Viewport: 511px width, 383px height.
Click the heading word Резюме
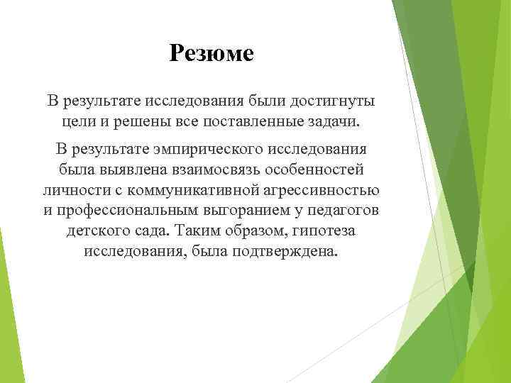pyautogui.click(x=211, y=53)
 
